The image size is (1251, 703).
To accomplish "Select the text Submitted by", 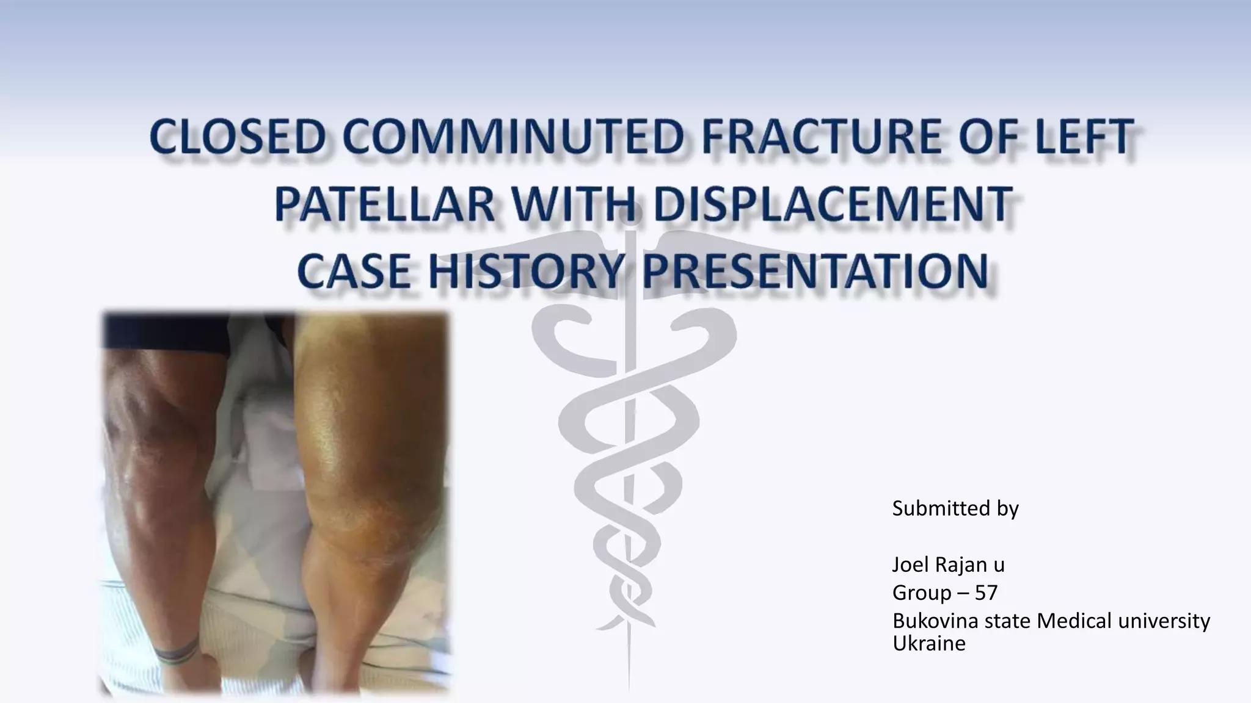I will click(x=955, y=508).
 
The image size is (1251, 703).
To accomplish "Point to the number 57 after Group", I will click(x=986, y=593).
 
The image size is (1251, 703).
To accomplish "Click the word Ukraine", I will click(x=928, y=643).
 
